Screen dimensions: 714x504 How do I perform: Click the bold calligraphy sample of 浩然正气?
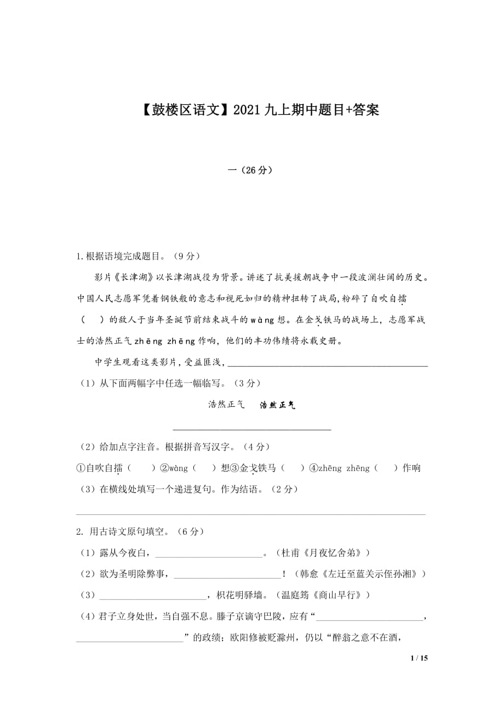278,405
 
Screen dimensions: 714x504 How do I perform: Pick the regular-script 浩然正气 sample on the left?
226,405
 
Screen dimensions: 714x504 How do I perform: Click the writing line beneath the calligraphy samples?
252,429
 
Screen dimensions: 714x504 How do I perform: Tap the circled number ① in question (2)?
81,468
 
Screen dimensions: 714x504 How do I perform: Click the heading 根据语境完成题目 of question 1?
123,256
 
